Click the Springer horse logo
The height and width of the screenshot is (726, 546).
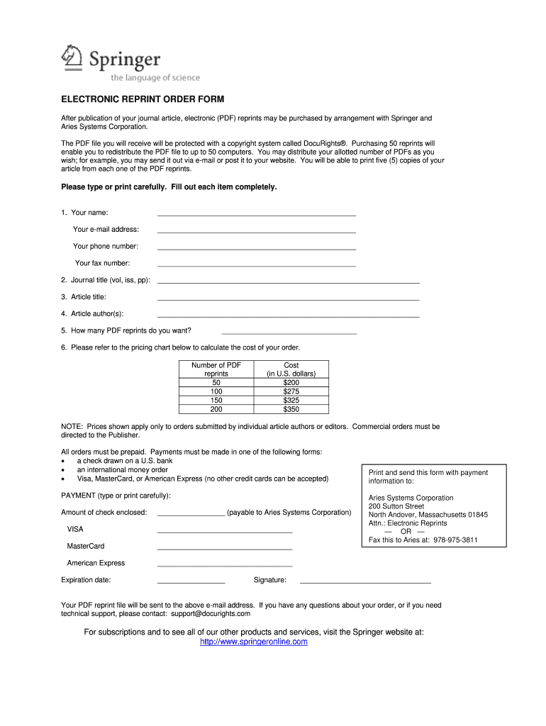click(x=72, y=57)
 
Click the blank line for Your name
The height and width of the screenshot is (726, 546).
click(x=256, y=213)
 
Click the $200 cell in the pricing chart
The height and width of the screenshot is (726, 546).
click(x=291, y=382)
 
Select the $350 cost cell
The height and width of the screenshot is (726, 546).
click(x=291, y=409)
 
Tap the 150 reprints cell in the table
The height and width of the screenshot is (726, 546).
click(x=216, y=400)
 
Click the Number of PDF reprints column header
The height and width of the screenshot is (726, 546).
click(x=216, y=369)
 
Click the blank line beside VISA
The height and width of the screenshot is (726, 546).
click(x=224, y=531)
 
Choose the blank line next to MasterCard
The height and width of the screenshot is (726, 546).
click(x=224, y=548)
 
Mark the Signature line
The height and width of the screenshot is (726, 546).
click(x=365, y=581)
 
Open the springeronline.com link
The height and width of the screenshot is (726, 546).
click(x=254, y=642)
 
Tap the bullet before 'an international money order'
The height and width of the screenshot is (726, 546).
click(x=64, y=470)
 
